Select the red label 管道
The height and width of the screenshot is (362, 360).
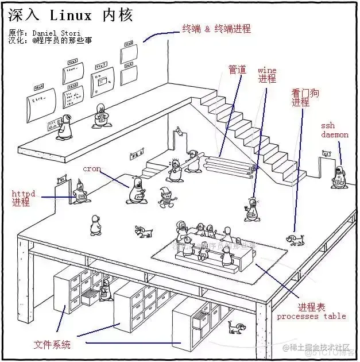pos(237,70)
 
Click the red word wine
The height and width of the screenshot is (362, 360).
pos(267,71)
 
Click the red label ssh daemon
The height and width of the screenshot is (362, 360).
pos(335,130)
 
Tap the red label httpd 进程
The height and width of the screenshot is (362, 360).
pos(24,198)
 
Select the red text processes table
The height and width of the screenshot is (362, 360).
pos(311,316)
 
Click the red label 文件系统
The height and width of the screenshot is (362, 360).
pos(52,345)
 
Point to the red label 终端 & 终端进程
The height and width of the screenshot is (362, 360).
pos(216,28)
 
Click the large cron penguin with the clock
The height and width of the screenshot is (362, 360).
pos(136,191)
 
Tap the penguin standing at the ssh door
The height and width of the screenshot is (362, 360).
pos(339,178)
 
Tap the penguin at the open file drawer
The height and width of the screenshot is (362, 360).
pos(104,291)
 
